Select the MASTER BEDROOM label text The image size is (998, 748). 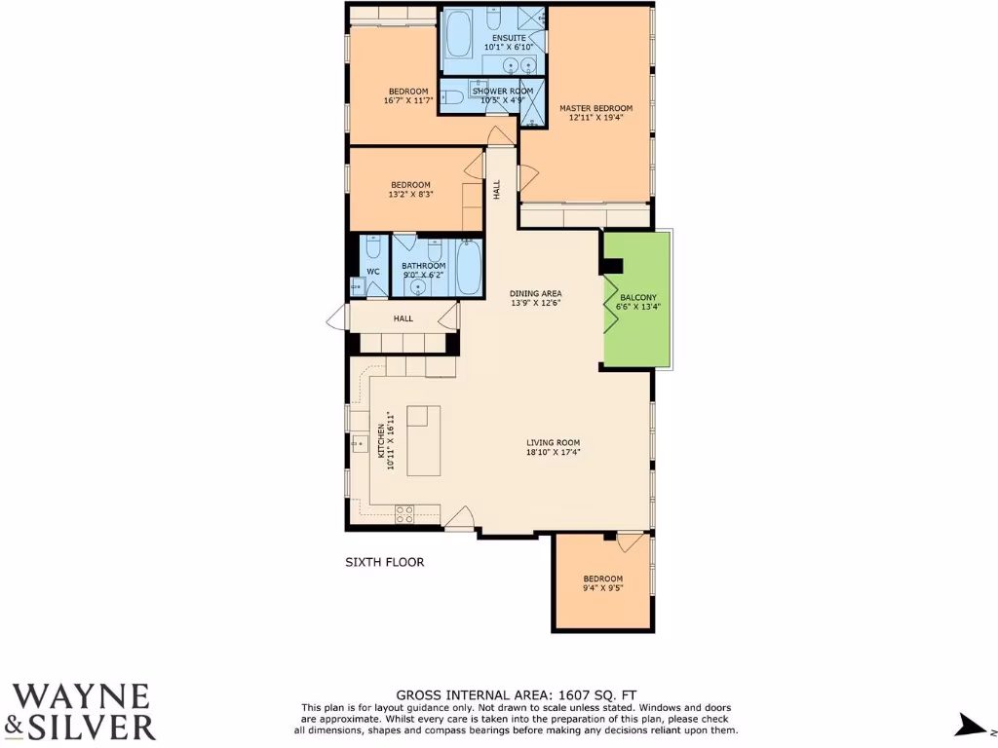tap(595, 108)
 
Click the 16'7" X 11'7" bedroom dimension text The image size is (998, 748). tap(408, 100)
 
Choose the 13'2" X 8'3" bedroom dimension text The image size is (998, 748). tap(410, 194)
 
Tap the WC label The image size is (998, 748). tap(372, 272)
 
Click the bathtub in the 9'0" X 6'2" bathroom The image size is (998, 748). tap(469, 266)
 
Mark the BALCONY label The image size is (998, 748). tap(637, 298)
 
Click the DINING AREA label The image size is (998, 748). tap(536, 293)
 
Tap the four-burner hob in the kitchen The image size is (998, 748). tap(405, 513)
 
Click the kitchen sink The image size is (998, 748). tap(358, 444)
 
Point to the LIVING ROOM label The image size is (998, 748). tap(554, 442)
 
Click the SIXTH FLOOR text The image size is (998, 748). tap(385, 562)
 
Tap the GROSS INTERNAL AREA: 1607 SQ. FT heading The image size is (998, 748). tap(518, 694)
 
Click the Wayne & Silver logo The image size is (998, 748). tap(82, 711)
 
